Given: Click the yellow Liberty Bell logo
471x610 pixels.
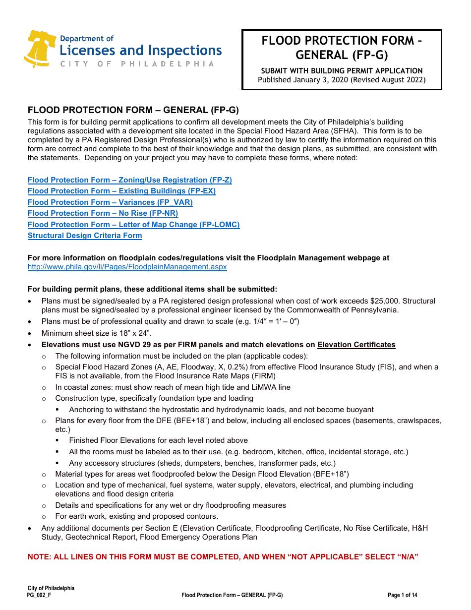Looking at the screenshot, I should [40, 48].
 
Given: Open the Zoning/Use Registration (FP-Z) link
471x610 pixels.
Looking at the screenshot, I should [129, 180].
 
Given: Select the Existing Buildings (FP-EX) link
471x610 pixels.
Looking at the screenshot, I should [121, 191].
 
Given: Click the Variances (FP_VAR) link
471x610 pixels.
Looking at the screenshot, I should [110, 202].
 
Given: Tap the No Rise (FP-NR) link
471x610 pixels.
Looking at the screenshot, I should [103, 213].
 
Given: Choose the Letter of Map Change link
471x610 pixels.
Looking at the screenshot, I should [133, 225].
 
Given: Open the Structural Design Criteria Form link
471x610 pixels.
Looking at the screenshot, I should [85, 236].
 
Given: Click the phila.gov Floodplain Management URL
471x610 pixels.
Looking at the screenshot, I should [127, 267].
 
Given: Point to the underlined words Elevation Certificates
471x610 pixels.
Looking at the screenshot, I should [356, 345].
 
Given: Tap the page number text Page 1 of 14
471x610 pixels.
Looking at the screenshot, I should [402, 595].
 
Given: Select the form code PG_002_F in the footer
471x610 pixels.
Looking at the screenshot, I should [39, 595].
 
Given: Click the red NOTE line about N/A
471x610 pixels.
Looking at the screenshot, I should [223, 557].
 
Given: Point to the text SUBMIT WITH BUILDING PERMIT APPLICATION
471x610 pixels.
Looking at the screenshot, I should [342, 71].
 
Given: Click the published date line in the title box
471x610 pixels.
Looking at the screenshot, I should [342, 80].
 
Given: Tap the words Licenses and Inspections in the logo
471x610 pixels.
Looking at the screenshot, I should [140, 51].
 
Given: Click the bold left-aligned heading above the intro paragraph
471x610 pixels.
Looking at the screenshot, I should [133, 110].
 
